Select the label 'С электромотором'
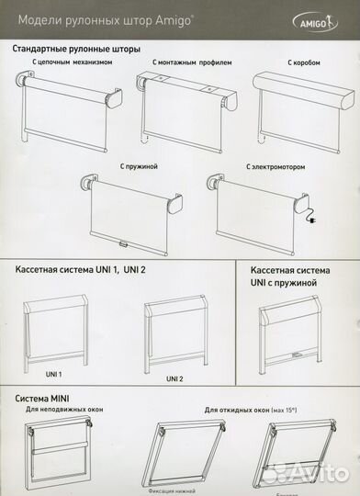pos(275,167)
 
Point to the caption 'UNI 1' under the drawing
pos(28,375)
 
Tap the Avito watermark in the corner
pos(321,475)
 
